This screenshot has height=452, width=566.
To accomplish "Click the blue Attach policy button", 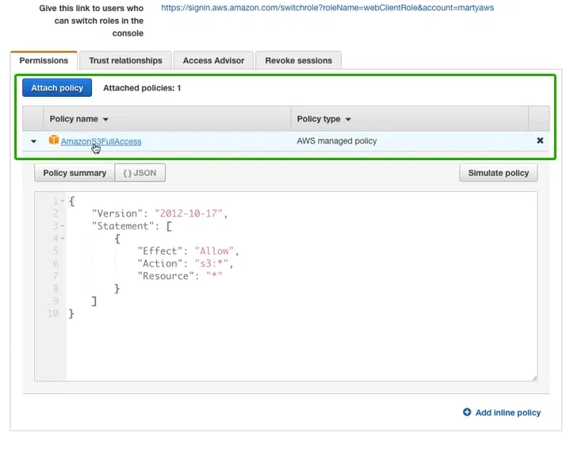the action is click(57, 88).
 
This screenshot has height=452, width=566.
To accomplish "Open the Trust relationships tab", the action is click(125, 60).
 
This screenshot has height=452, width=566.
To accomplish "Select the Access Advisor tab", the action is click(213, 60).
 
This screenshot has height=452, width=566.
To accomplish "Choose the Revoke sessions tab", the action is click(299, 60).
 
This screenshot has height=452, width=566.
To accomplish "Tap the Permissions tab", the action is click(44, 60).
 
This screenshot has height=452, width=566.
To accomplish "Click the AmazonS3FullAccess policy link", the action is click(101, 141).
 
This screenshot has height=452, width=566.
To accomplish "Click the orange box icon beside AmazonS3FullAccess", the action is click(54, 140).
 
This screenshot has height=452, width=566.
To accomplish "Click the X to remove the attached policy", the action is click(540, 140).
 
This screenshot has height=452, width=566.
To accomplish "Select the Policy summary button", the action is click(75, 173).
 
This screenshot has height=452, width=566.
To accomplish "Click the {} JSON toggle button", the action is click(140, 173).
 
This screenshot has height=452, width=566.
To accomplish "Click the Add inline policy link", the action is click(502, 412).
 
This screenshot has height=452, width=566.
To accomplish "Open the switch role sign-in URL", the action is click(327, 8).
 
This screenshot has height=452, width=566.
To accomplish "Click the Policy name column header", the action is click(79, 119).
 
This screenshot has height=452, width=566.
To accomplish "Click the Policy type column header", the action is click(323, 119).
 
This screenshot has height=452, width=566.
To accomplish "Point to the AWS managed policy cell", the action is click(337, 141).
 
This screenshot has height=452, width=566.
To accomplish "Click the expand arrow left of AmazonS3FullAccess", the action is click(33, 141).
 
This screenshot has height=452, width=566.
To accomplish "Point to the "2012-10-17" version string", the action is click(189, 213).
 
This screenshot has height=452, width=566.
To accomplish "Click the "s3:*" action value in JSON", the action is click(212, 263).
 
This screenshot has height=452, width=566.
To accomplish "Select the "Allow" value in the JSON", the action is click(214, 251).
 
